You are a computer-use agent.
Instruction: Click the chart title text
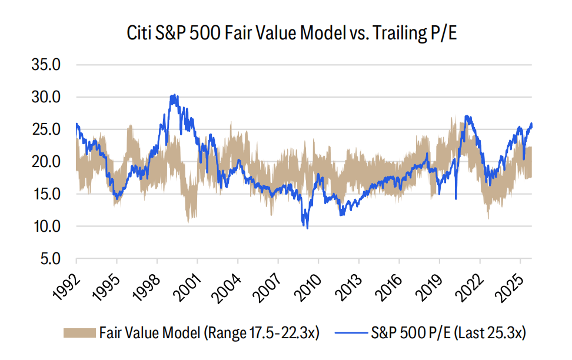click(x=292, y=34)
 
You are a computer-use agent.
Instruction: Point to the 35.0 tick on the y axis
click(x=46, y=65)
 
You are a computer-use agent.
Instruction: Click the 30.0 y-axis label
click(x=46, y=97)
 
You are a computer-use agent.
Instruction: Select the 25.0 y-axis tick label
click(x=46, y=129)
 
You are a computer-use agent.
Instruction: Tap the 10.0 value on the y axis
click(x=46, y=226)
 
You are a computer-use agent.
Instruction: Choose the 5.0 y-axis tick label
click(x=50, y=259)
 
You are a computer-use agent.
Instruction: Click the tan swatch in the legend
click(x=79, y=333)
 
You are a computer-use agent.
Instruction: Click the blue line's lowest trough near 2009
click(x=307, y=228)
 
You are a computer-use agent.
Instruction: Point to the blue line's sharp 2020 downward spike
click(x=456, y=199)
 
